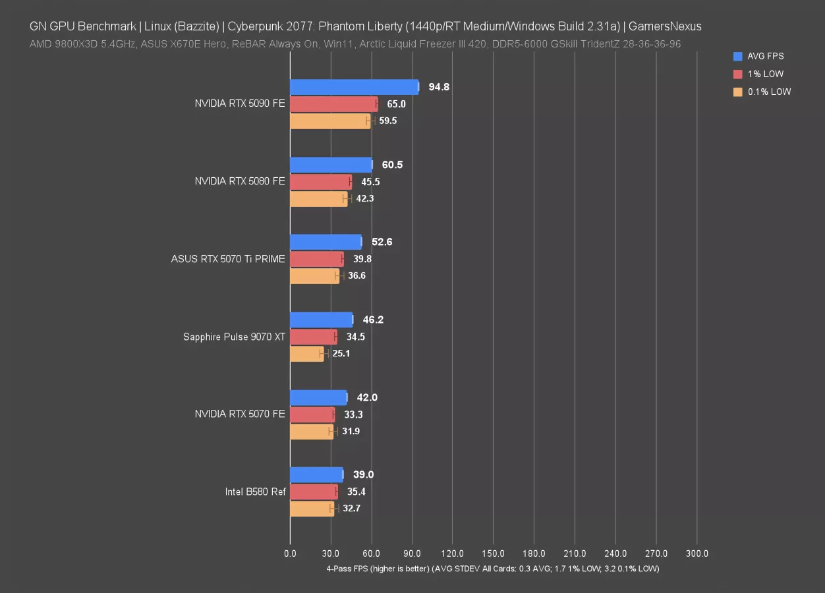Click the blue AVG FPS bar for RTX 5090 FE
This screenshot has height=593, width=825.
point(354,87)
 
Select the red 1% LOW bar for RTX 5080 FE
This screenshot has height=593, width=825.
point(320,182)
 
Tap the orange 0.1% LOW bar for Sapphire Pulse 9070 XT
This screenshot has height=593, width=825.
point(307,354)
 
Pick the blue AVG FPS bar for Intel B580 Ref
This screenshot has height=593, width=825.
point(316,474)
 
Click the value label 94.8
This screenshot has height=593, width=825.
point(439,87)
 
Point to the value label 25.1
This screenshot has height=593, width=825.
point(341,354)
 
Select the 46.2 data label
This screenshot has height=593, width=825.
point(373,320)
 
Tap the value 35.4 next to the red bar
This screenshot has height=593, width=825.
point(356,492)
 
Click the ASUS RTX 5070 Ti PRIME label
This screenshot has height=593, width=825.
point(228,259)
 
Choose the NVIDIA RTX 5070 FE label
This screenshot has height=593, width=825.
point(240,414)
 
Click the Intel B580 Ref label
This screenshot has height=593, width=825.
point(255,492)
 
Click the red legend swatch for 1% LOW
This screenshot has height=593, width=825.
point(737,74)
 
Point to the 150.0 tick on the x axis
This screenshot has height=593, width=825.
point(494,554)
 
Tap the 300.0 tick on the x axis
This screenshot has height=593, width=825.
point(697,554)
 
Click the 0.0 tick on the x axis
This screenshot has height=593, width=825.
point(290,554)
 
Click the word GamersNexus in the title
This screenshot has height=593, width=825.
point(665,27)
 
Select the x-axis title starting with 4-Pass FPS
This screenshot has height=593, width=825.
point(492,569)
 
